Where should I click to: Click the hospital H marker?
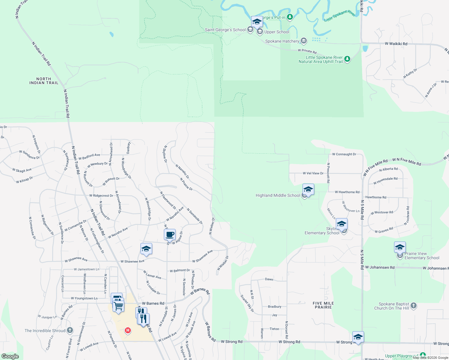pyautogui.click(x=128, y=331)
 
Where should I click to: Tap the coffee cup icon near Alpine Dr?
pyautogui.click(x=170, y=235)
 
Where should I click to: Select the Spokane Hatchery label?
pyautogui.click(x=282, y=41)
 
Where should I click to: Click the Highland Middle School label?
pyautogui.click(x=278, y=196)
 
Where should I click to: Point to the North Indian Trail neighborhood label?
pyautogui.click(x=44, y=81)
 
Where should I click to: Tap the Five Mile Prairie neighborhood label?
pyautogui.click(x=323, y=305)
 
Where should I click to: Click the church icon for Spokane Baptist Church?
pyautogui.click(x=414, y=306)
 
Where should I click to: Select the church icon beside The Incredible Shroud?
pyautogui.click(x=70, y=331)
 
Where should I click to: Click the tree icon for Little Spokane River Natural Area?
pyautogui.click(x=347, y=59)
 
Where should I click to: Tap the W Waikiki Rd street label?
pyautogui.click(x=396, y=44)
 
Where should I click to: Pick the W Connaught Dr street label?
pyautogui.click(x=344, y=154)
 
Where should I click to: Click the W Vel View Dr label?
pyautogui.click(x=313, y=173)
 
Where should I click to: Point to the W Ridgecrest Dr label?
pyautogui.click(x=101, y=196)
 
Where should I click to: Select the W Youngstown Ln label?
pyautogui.click(x=84, y=298)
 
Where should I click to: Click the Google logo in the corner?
pyautogui.click(x=10, y=356)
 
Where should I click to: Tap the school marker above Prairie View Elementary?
pyautogui.click(x=400, y=247)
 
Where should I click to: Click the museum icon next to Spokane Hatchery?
pyautogui.click(x=304, y=40)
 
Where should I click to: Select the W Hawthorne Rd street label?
pyautogui.click(x=347, y=192)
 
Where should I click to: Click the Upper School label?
pyautogui.click(x=277, y=32)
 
